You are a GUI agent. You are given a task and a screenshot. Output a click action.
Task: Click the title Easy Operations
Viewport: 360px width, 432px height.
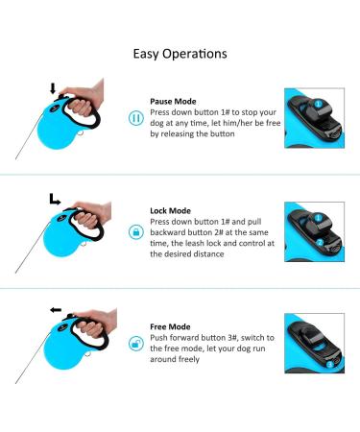coord(180,54)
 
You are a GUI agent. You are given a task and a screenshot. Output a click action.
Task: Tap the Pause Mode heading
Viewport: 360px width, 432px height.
coord(173,102)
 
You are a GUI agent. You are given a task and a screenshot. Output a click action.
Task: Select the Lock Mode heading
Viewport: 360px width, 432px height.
coord(171,211)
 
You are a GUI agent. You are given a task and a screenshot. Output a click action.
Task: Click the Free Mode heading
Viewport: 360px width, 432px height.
coord(170,326)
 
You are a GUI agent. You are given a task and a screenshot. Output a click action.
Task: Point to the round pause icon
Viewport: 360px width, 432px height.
coord(136,118)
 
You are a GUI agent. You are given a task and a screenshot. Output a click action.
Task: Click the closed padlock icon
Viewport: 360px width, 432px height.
coord(136,231)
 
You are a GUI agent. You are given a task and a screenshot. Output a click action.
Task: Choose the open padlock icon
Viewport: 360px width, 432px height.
coord(136,344)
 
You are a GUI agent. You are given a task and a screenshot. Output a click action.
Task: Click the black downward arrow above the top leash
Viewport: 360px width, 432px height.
coord(53,88)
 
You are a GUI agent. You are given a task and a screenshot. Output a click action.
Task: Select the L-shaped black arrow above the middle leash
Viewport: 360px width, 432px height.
coord(55,199)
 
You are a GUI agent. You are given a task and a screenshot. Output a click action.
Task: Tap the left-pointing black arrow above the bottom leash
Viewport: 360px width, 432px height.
coord(56,310)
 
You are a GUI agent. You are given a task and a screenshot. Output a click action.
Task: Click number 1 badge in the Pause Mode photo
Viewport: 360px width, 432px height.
coord(318,104)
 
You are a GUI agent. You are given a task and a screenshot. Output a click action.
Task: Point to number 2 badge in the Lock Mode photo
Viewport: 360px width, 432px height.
coord(320,243)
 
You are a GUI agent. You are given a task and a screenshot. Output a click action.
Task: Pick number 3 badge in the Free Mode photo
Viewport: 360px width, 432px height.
coord(330,365)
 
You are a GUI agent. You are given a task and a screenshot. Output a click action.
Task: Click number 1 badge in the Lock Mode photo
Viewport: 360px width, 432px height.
coord(318,218)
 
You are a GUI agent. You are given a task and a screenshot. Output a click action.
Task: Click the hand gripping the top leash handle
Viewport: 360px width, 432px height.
coord(84,99)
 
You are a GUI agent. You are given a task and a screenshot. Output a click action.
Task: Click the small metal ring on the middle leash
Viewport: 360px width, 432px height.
coord(84,244)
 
